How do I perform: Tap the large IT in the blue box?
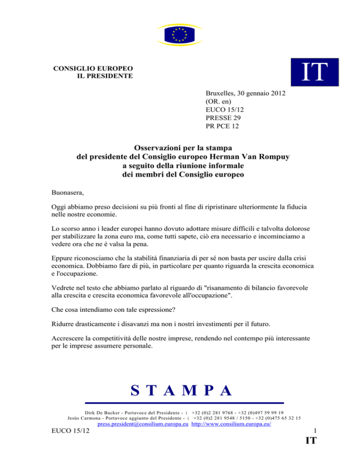click(x=307, y=73)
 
